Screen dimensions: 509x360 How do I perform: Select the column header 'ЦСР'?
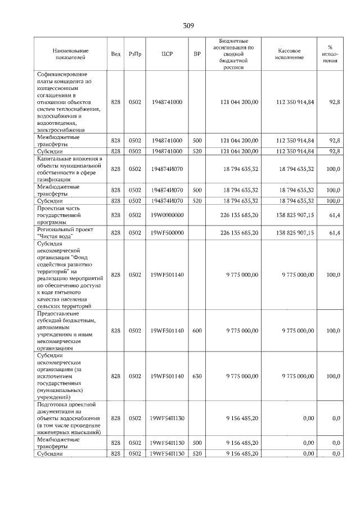[x=166, y=54]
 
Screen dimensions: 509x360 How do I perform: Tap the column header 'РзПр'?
[x=135, y=54]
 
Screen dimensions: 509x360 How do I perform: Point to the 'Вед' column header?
[x=115, y=54]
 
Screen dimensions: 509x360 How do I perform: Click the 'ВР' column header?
[x=197, y=54]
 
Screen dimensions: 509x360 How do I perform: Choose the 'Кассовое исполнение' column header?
[x=290, y=54]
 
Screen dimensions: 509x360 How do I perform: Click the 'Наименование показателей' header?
[x=69, y=54]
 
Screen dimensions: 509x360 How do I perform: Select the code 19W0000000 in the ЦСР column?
[x=166, y=215]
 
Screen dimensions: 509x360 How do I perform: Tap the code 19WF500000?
[x=166, y=233]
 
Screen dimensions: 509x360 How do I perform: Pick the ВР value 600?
[x=197, y=331]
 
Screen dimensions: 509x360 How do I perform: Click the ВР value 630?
[x=197, y=376]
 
